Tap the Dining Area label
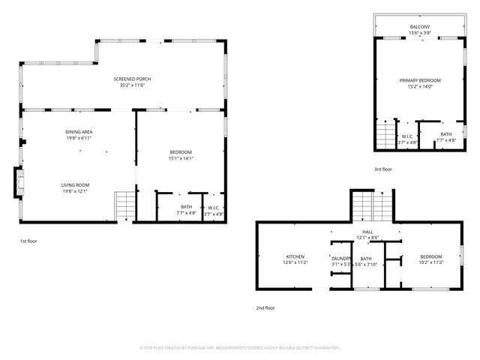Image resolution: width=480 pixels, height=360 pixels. tap(78, 132)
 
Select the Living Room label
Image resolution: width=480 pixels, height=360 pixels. tap(75, 184)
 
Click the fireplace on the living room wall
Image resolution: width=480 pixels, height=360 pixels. tap(20, 181)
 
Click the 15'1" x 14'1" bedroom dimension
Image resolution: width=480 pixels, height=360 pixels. tap(180, 158)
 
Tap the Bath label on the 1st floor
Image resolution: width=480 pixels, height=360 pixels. tap(186, 207)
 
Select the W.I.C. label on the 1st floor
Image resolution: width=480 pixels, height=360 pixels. tap(213, 207)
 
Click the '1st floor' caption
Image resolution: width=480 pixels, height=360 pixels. tap(29, 241)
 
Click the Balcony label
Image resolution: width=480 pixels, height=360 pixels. tap(419, 27)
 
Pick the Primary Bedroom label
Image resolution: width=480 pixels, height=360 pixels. tap(419, 80)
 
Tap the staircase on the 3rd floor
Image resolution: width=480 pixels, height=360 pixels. tap(385, 135)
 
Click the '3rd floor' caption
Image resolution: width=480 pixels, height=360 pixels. tap(382, 169)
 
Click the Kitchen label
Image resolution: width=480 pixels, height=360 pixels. tap(295, 256)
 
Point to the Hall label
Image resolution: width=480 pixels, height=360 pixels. tap(367, 232)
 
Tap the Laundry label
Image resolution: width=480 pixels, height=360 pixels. tap(341, 257)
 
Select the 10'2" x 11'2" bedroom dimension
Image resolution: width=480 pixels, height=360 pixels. tap(431, 262)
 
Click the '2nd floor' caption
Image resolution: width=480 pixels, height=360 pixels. tap(265, 307)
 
